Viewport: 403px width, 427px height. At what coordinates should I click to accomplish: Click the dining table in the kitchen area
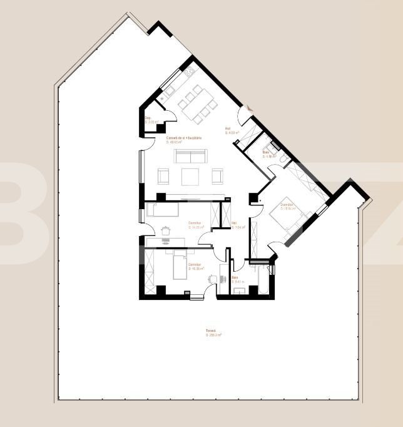pos(195,104)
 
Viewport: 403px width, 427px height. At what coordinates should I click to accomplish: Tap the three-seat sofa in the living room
pos(190,156)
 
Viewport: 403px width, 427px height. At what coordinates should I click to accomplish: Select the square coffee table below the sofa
pos(190,177)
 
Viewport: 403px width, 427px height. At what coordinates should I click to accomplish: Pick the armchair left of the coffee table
pos(163,177)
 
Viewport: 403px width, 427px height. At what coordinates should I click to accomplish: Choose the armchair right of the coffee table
pos(217,177)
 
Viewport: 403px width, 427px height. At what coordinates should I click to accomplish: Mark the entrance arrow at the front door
pos(249,109)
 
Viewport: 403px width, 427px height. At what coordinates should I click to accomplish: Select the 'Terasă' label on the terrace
pos(211,332)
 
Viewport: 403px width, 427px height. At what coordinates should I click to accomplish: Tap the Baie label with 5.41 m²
pos(237,279)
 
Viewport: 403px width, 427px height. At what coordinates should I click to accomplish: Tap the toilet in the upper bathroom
pos(283,160)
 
